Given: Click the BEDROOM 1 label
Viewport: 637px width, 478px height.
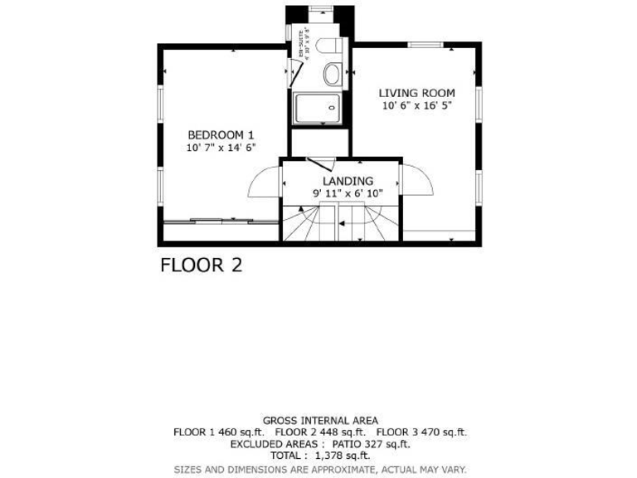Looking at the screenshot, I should [x=221, y=134].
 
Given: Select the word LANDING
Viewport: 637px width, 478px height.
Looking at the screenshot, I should [x=348, y=181].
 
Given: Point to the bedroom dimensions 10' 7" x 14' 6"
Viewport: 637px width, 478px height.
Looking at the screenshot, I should [x=221, y=148].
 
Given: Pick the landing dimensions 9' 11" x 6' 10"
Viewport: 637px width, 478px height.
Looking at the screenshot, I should [x=348, y=193].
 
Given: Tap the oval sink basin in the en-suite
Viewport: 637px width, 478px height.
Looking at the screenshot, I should [x=332, y=74].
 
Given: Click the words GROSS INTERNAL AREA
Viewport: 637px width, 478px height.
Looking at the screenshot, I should [x=320, y=421].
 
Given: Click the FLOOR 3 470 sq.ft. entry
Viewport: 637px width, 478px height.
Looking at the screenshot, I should [x=421, y=432].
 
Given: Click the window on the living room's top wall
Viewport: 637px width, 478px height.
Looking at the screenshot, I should [x=425, y=44].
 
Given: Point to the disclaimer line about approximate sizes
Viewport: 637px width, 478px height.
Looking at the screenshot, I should [x=320, y=469].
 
